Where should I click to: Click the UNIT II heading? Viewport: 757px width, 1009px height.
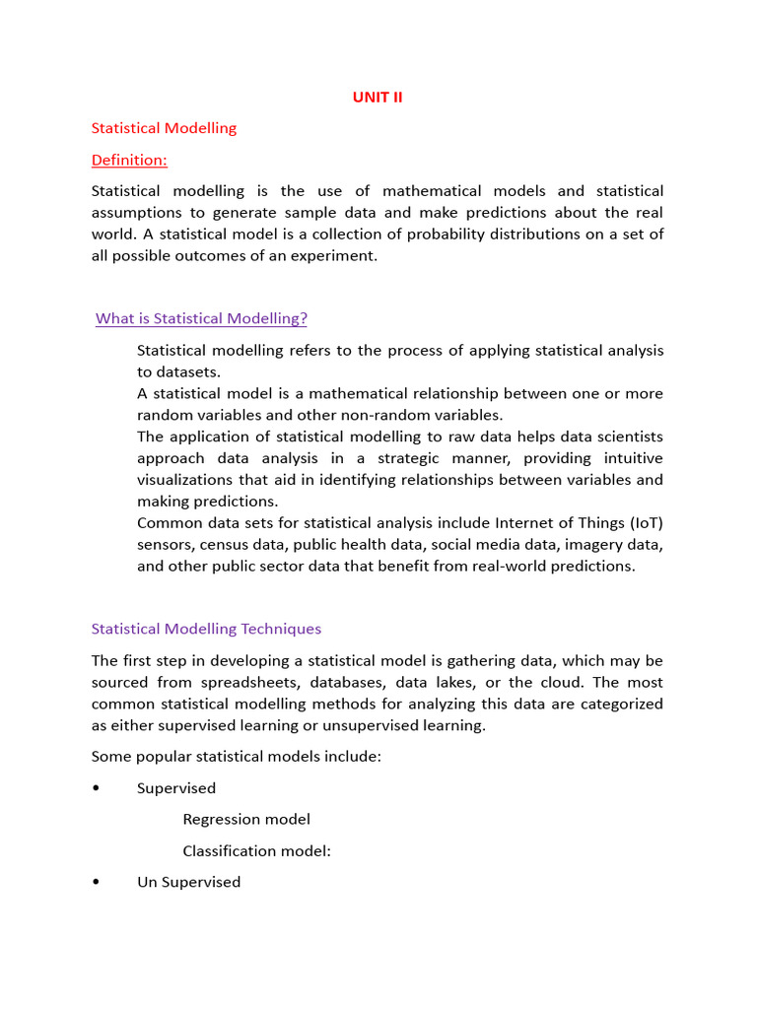pyautogui.click(x=378, y=97)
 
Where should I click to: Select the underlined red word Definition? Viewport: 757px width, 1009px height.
pyautogui.click(x=129, y=160)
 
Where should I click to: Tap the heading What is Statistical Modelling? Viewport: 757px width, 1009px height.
pyautogui.click(x=201, y=318)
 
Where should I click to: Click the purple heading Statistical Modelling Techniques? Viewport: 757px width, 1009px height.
pyautogui.click(x=206, y=629)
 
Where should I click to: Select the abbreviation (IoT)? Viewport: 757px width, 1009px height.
pyautogui.click(x=641, y=522)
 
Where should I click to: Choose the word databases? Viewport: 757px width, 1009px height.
pyautogui.click(x=347, y=682)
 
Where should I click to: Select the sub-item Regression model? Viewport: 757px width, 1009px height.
pyautogui.click(x=246, y=819)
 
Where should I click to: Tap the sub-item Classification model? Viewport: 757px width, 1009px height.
pyautogui.click(x=256, y=851)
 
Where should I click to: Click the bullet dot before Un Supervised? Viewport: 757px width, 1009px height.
pyautogui.click(x=96, y=883)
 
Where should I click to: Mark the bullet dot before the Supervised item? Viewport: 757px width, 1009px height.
pyautogui.click(x=96, y=788)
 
